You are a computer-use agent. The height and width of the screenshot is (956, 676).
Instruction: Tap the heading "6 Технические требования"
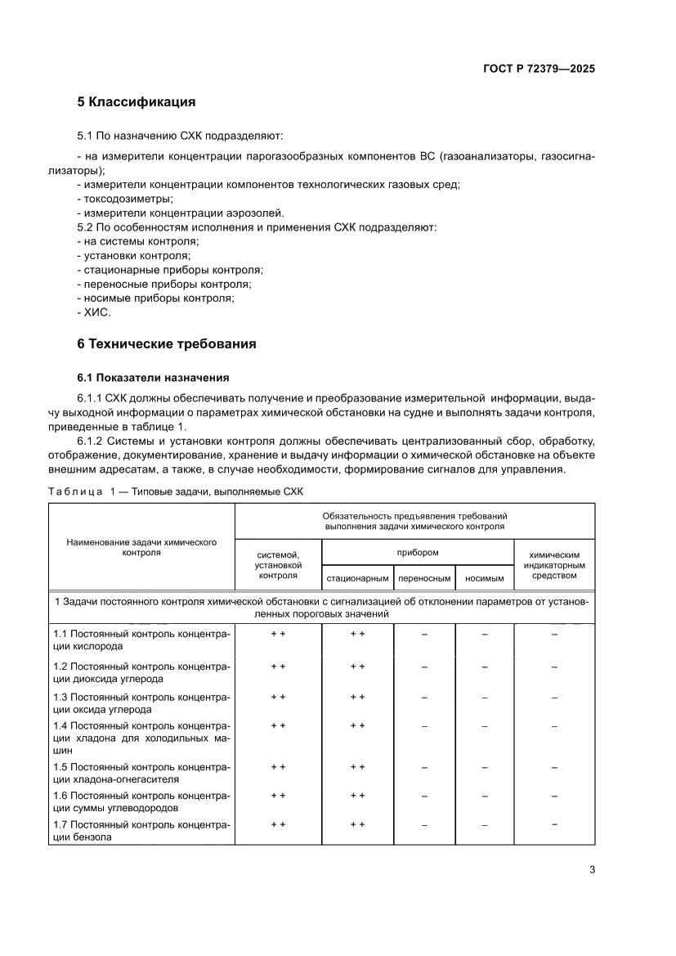[x=166, y=344]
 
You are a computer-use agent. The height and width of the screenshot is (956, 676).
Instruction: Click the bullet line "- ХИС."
[x=93, y=312]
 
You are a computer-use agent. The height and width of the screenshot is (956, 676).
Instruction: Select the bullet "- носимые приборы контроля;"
[x=155, y=298]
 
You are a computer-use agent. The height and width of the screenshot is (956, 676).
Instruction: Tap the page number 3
[x=592, y=869]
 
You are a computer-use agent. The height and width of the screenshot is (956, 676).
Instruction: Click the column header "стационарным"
[x=357, y=578]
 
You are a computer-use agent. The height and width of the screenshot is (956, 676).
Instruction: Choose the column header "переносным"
[x=424, y=578]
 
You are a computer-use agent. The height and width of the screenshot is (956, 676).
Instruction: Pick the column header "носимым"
[x=484, y=578]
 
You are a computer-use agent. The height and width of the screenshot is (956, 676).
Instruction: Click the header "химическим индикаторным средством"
[x=553, y=564]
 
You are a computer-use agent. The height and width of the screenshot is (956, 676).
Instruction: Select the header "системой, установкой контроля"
[x=278, y=564]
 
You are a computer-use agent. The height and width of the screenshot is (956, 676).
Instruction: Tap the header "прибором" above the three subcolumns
[x=418, y=552]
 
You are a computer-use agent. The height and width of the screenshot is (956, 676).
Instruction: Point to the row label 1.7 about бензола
[x=141, y=830]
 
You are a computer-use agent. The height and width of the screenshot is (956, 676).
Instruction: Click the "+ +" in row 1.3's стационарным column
[x=357, y=697]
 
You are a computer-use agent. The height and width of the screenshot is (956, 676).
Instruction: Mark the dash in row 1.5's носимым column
[x=484, y=768]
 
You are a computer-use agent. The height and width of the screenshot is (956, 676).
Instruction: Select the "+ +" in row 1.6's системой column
[x=278, y=795]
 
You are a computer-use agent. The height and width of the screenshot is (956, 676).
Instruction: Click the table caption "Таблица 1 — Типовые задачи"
[x=175, y=491]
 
